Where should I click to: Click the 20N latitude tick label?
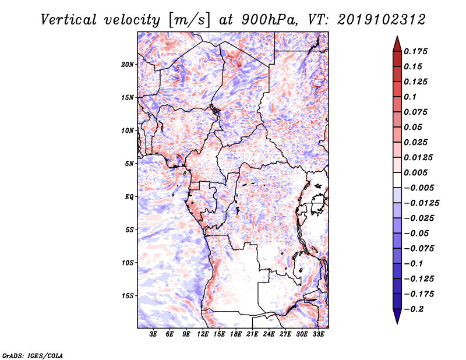click(x=128, y=64)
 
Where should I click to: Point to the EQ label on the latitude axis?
click(x=129, y=196)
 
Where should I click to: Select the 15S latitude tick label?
click(x=128, y=295)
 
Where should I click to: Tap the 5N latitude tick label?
click(x=129, y=163)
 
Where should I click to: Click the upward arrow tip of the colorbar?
click(x=397, y=38)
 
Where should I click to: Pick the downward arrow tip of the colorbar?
click(x=397, y=322)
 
